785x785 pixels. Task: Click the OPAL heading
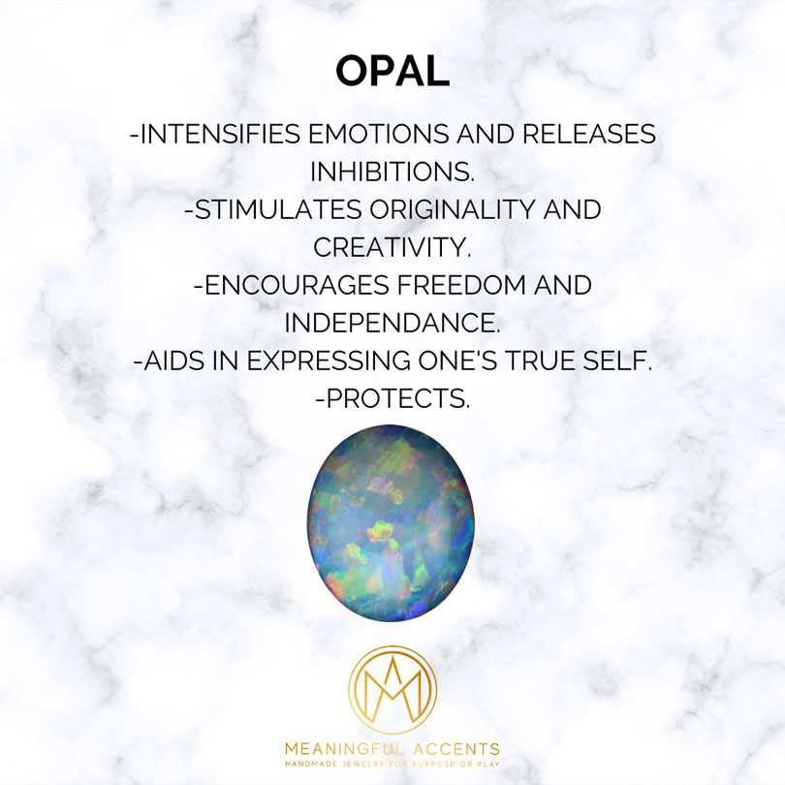coord(392,71)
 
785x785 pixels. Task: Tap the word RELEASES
coord(589,134)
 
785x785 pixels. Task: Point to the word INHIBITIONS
coord(392,172)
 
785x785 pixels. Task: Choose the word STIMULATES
coord(273,209)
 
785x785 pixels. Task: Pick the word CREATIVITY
coord(392,247)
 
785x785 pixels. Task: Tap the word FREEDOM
coord(461,285)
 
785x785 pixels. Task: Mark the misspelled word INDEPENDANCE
coord(392,323)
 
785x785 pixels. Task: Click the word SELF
coord(616,361)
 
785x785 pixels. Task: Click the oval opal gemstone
coord(391,522)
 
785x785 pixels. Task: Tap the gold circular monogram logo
coord(392,689)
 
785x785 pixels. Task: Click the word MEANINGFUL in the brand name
coord(342,749)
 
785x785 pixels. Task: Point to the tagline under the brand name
coord(392,764)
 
